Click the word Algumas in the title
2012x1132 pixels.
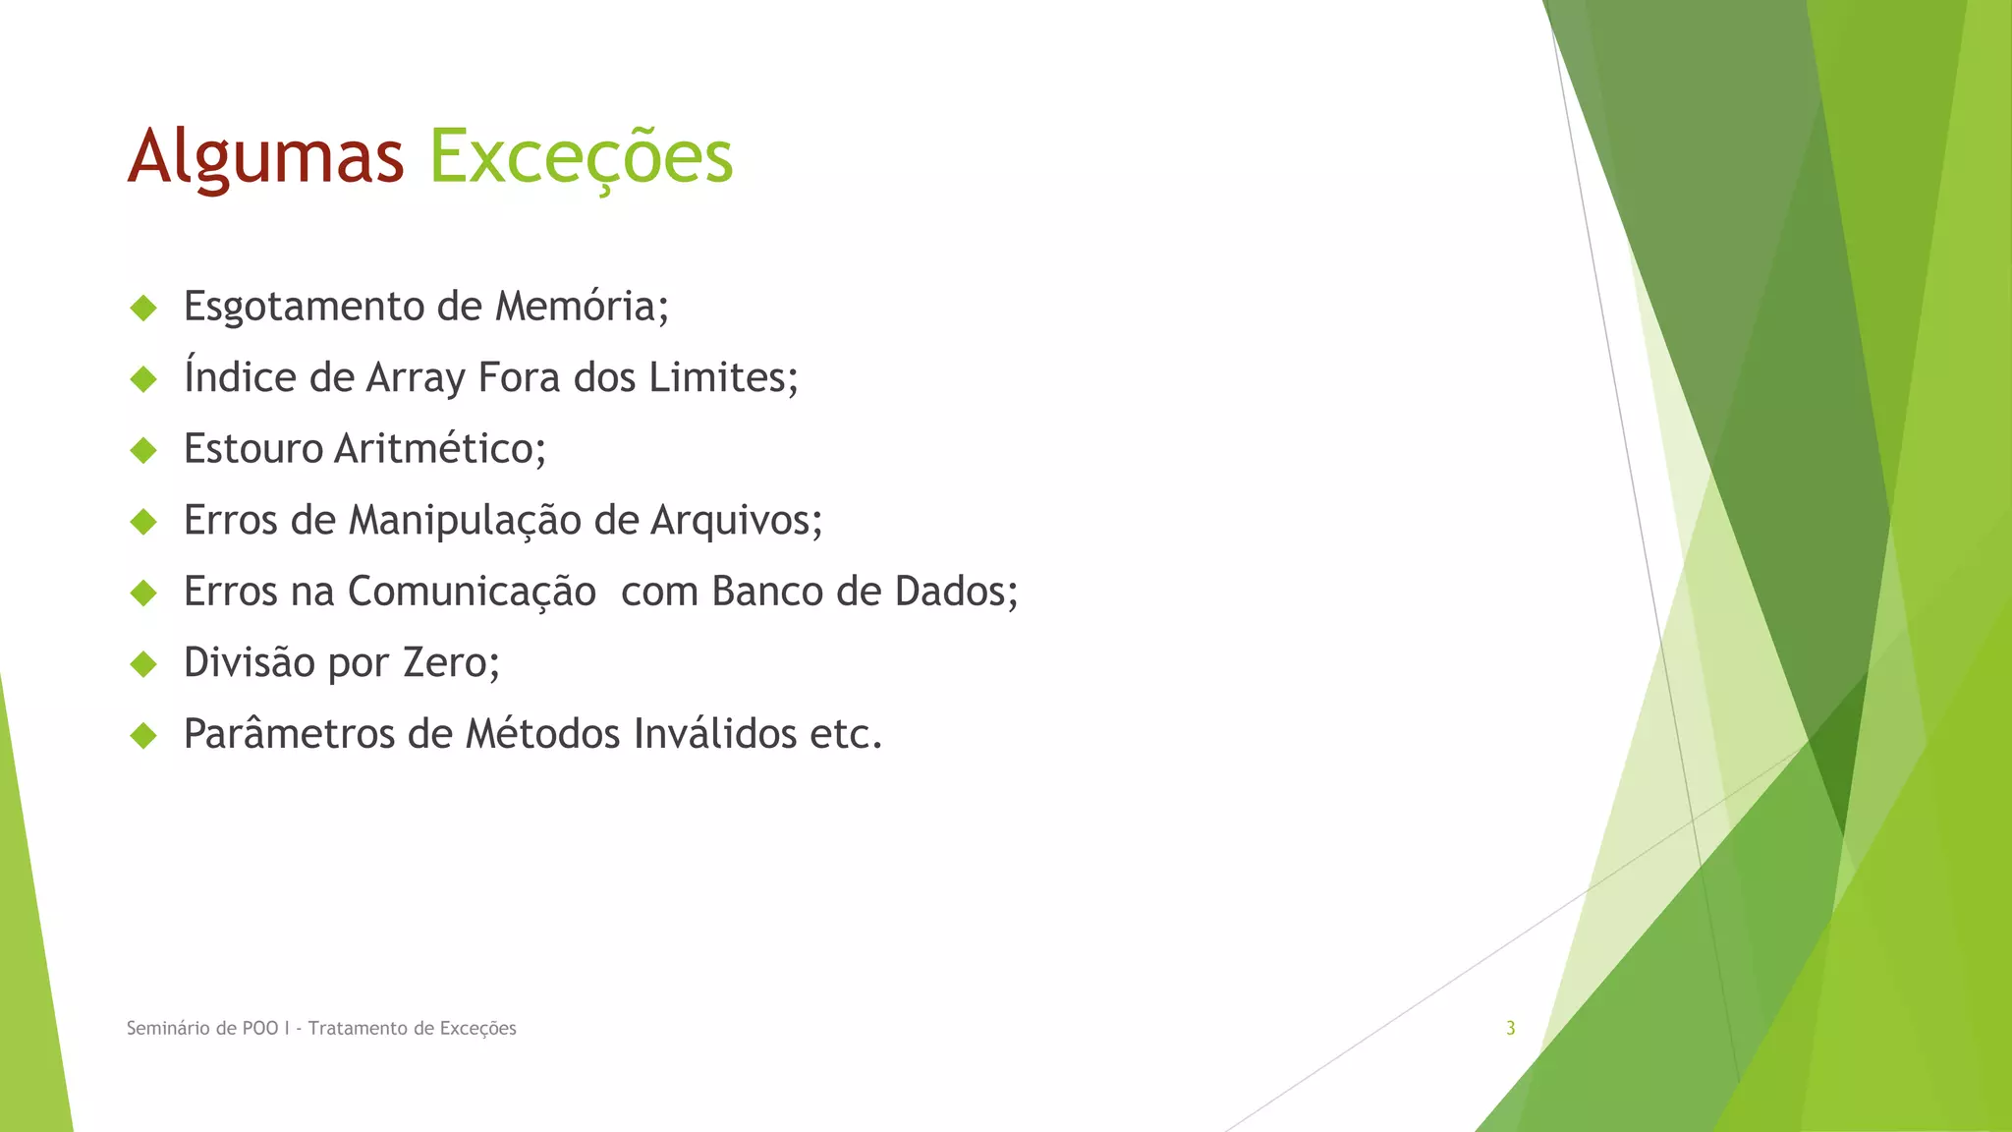265,157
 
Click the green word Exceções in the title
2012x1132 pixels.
582,157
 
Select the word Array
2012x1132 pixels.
416,378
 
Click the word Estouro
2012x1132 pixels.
253,449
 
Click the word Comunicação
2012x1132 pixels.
472,592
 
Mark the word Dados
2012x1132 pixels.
950,592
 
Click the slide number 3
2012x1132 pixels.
1511,1028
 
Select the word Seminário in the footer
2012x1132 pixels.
167,1028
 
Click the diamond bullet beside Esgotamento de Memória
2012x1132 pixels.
143,308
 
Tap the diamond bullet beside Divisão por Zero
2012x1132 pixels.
143,664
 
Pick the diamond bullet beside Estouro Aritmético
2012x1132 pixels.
143,450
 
